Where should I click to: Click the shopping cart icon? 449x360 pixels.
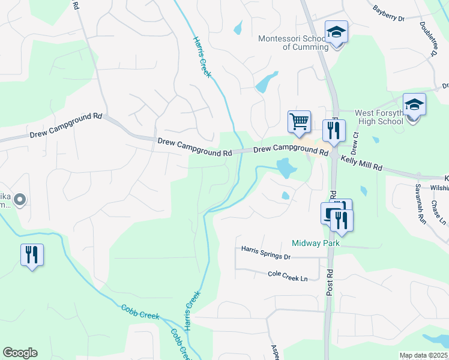pyautogui.click(x=299, y=122)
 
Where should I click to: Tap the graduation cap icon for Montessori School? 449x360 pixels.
pyautogui.click(x=336, y=32)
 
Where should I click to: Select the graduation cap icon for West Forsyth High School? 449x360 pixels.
pyautogui.click(x=414, y=105)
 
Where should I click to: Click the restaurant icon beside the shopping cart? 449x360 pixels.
pyautogui.click(x=334, y=130)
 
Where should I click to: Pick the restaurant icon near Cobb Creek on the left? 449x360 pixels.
pyautogui.click(x=32, y=254)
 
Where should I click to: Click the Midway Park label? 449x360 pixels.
pyautogui.click(x=316, y=243)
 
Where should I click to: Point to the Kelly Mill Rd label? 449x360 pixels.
pyautogui.click(x=361, y=163)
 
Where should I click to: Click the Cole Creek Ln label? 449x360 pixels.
pyautogui.click(x=288, y=277)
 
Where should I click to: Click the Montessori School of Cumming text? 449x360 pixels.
pyautogui.click(x=293, y=43)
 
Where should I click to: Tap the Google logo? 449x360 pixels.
pyautogui.click(x=20, y=353)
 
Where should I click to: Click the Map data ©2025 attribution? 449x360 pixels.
pyautogui.click(x=423, y=355)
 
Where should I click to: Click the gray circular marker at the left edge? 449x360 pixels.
pyautogui.click(x=20, y=199)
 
